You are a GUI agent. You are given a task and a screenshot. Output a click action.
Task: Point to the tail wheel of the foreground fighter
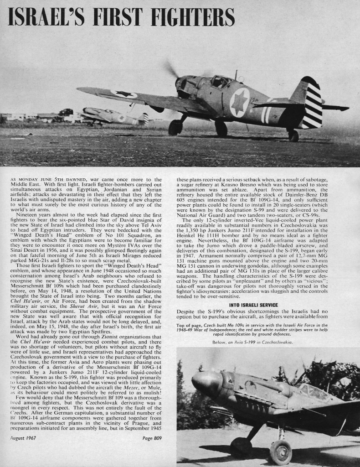tap(293, 135)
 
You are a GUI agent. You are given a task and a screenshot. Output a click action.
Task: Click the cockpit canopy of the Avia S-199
tap(312, 391)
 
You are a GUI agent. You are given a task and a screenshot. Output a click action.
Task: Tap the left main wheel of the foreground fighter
tap(175, 127)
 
